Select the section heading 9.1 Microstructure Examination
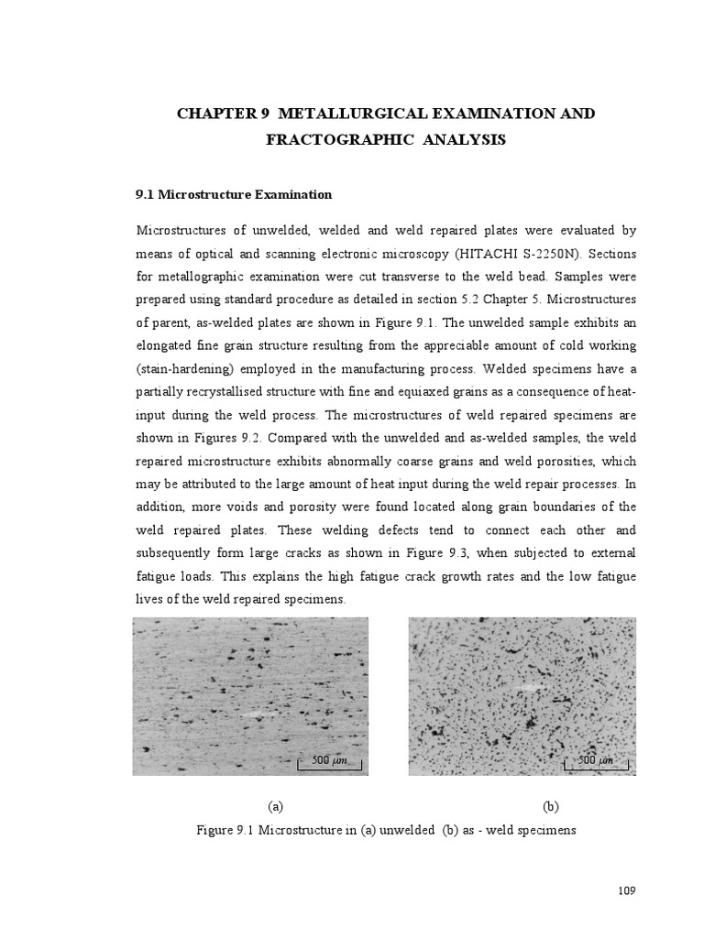click(233, 195)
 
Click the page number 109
click(627, 890)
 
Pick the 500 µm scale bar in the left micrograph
click(327, 760)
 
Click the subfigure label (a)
click(275, 807)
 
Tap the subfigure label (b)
click(550, 807)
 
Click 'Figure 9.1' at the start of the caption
click(225, 831)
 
